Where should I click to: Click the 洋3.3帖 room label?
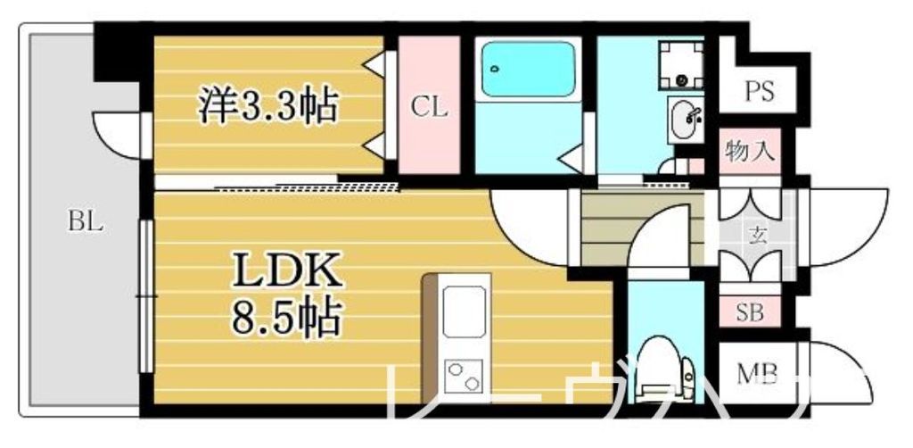(x=267, y=106)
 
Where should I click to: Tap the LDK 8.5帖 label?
(x=284, y=289)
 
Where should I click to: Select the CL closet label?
(x=429, y=107)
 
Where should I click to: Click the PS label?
(x=759, y=91)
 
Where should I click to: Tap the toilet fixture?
(x=663, y=366)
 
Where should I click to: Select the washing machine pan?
(x=681, y=63)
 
